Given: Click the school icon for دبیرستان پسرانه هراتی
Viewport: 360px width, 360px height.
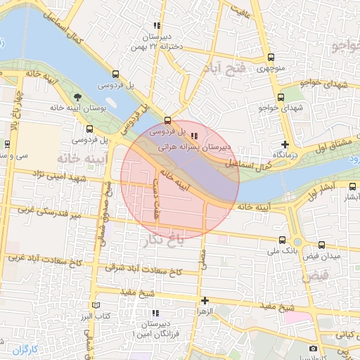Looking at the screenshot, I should pos(194,136).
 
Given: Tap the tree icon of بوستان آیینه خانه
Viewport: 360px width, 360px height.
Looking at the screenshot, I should pos(77,98).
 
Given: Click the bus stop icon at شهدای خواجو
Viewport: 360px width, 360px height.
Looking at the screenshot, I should pos(281,98).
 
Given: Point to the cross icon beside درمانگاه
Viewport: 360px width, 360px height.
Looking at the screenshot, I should pos(285,144).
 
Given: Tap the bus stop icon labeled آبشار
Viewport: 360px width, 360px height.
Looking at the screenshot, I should pos(352,186).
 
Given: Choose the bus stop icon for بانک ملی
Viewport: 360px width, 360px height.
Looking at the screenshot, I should pos(282,240).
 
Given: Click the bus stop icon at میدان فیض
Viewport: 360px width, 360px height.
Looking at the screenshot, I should pos(321,245).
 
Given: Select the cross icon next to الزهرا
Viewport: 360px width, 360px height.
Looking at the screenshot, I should pos(205,300).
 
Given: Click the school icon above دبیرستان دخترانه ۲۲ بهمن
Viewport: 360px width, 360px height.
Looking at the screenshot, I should pos(162,25).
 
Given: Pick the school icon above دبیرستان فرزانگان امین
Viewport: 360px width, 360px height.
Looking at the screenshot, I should pos(155,312).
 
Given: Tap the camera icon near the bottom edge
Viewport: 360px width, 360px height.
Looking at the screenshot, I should pos(313,348).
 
